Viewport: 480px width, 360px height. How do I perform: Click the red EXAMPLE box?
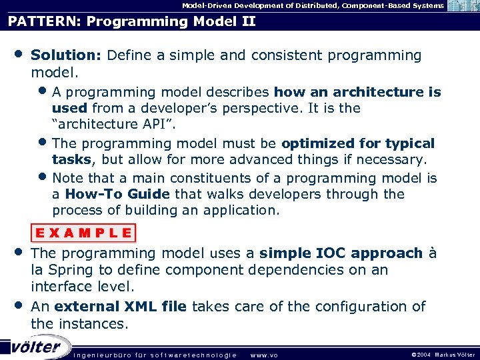(x=83, y=233)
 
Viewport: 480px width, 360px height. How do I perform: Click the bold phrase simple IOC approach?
(x=341, y=253)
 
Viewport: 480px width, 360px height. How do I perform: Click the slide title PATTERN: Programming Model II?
(x=132, y=21)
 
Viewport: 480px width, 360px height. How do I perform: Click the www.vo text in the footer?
(x=263, y=355)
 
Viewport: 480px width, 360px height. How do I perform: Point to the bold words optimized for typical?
(x=358, y=143)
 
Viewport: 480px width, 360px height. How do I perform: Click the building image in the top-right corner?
(x=463, y=6)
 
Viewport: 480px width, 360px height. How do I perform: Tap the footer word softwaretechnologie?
(x=193, y=355)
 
